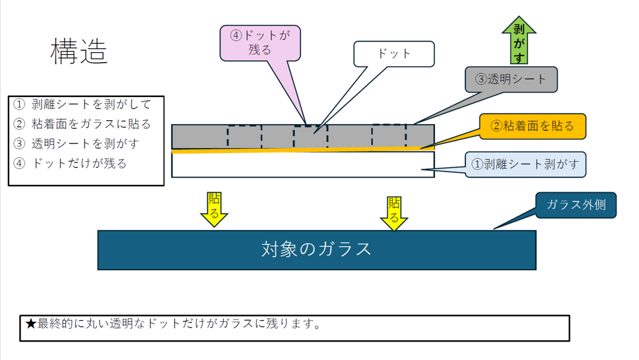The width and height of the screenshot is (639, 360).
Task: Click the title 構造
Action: click(x=79, y=52)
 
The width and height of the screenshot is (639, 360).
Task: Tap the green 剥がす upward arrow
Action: click(x=519, y=40)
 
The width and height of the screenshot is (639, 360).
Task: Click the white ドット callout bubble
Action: click(x=394, y=54)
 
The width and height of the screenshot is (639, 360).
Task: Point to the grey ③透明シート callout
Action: click(x=511, y=79)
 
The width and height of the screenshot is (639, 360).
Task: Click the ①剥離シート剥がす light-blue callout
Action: click(x=526, y=164)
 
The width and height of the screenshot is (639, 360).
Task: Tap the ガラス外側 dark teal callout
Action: click(x=576, y=205)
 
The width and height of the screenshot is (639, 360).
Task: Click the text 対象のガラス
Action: click(x=317, y=249)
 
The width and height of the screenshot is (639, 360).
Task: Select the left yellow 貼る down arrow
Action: click(x=214, y=208)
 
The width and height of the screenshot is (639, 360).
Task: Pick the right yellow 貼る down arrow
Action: click(x=394, y=211)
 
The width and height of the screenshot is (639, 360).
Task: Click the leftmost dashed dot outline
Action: click(x=244, y=137)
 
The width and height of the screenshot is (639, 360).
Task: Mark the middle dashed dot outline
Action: click(x=310, y=137)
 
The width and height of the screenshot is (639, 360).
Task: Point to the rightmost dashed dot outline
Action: click(x=389, y=135)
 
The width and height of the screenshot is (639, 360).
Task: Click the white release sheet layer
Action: click(x=302, y=165)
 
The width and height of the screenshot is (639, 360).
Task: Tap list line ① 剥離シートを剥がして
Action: click(x=83, y=104)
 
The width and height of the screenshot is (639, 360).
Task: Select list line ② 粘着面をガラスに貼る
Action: click(x=83, y=124)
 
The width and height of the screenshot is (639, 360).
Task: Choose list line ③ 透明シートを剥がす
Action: click(x=77, y=143)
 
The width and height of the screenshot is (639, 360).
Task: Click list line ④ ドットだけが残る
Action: click(x=70, y=163)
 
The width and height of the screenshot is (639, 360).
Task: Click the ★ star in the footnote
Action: click(x=30, y=324)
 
